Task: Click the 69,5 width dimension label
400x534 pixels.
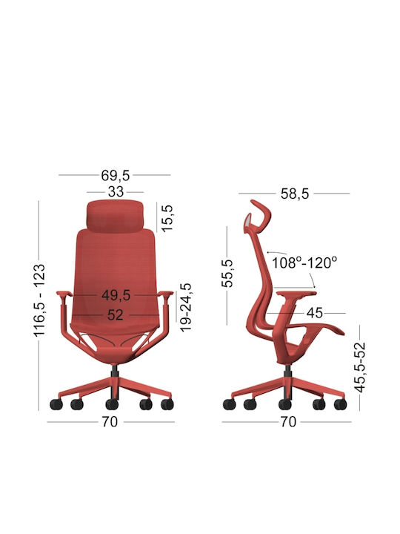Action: click(x=116, y=175)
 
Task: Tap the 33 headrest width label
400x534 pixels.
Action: click(x=116, y=192)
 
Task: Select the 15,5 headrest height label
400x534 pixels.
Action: click(x=167, y=218)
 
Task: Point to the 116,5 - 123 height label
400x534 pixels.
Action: click(x=39, y=300)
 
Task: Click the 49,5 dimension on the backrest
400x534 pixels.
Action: click(x=116, y=295)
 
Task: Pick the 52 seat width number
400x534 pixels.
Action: click(x=116, y=315)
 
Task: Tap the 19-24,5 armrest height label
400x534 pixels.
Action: click(x=186, y=307)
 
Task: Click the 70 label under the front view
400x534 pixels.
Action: click(x=110, y=422)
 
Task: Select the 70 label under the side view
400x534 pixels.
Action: click(x=288, y=422)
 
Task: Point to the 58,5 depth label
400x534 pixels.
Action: click(x=295, y=194)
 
